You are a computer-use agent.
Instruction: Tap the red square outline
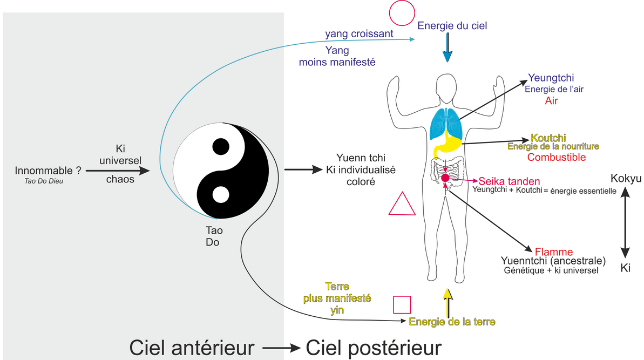pos(402,304)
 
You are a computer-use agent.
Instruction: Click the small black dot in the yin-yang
pos(220,146)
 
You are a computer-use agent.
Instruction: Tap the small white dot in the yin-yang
pos(220,194)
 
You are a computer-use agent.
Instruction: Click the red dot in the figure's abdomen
pos(445,178)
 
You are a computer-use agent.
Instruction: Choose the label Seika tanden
pos(509,181)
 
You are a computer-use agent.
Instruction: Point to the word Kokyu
pos(626,179)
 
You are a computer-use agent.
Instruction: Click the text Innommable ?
pos(49,171)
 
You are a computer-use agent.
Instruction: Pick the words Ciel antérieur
pos(191,347)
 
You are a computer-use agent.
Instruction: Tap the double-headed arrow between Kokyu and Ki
pos(625,223)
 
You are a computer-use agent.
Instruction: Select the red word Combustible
pos(557,158)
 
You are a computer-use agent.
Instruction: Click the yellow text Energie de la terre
pos(452,322)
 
